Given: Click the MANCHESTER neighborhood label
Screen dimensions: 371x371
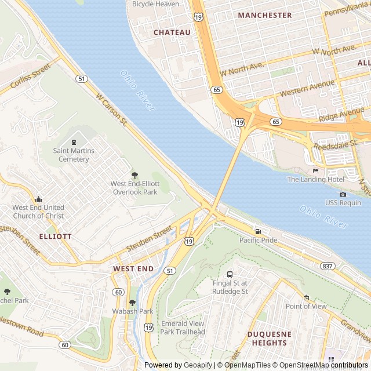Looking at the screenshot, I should (265, 15).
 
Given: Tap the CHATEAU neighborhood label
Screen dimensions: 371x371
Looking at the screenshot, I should (172, 32).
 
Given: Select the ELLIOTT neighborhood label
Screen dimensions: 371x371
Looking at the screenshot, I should (56, 237).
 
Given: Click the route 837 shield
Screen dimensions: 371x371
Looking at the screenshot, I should (327, 265).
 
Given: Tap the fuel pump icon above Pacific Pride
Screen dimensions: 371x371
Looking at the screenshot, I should (258, 231).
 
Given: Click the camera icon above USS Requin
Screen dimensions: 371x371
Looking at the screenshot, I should (343, 194).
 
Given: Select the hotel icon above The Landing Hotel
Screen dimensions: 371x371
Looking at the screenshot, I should (315, 170).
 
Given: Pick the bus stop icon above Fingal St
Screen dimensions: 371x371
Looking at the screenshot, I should (230, 274).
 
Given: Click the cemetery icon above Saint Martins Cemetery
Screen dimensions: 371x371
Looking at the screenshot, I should (74, 142).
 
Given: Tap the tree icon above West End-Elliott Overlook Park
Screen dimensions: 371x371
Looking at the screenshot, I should (134, 175).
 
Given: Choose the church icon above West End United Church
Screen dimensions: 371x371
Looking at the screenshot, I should (38, 199).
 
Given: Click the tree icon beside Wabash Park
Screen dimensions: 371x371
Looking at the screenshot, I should (132, 302).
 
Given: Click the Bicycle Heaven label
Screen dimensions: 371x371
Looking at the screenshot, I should (155, 4).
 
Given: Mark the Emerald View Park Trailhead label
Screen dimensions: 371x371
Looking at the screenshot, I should (183, 328).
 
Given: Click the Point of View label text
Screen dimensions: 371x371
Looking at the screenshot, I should (306, 306).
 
